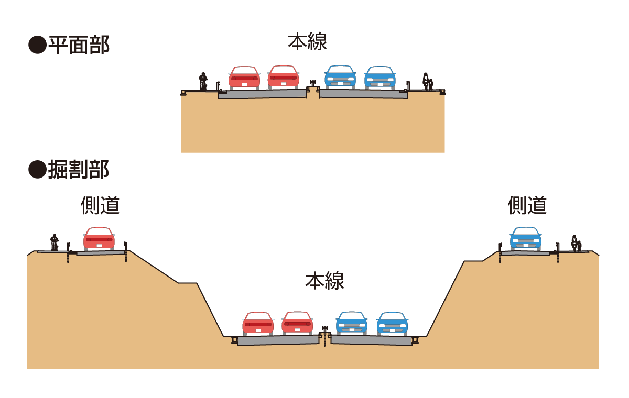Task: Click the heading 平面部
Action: pos(79,46)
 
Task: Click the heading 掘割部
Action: pos(79,170)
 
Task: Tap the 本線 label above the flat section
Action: pos(308,42)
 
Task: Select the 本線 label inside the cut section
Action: pos(324,281)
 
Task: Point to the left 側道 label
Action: pos(100,206)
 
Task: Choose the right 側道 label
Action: pos(527,206)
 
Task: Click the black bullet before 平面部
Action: pos(37,46)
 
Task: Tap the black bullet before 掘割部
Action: pos(37,170)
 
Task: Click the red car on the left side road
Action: pos(99,239)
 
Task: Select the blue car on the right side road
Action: pos(526,239)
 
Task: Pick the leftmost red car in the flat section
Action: pos(244,78)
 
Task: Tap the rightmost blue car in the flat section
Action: pos(380,78)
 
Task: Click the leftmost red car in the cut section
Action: pos(258,324)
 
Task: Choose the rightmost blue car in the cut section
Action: pos(392,324)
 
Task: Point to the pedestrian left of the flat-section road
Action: pos(203,82)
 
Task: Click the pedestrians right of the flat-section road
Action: pos(428,82)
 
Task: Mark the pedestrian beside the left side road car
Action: pos(55,242)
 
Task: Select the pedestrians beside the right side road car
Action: pos(576,242)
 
